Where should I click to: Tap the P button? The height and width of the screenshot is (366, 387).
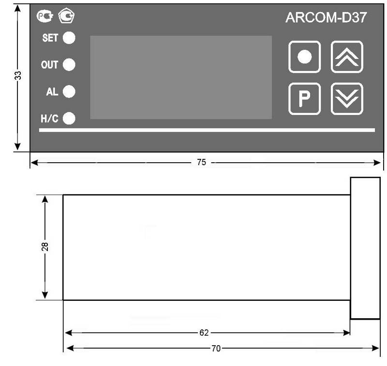click(x=304, y=99)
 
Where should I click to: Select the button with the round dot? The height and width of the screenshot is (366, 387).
click(x=304, y=57)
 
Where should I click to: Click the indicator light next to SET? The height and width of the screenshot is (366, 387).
click(x=69, y=38)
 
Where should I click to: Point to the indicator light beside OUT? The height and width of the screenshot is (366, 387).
click(x=69, y=65)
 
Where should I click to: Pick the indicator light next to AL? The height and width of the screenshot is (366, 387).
click(x=69, y=91)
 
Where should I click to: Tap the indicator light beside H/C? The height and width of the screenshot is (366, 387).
click(x=69, y=118)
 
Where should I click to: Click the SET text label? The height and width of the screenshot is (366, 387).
click(x=50, y=38)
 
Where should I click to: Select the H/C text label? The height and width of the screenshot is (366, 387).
click(x=49, y=118)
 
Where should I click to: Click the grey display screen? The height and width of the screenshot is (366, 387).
click(x=181, y=77)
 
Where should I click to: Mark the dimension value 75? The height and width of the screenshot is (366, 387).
click(x=201, y=163)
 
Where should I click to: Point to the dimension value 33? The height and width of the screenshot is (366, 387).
click(x=18, y=75)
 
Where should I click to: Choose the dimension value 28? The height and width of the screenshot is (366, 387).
click(x=45, y=247)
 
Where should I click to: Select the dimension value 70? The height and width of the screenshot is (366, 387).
click(x=215, y=348)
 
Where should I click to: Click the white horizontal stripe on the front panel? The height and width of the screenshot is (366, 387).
click(x=207, y=130)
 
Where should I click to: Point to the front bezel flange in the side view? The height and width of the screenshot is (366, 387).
click(x=365, y=248)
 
